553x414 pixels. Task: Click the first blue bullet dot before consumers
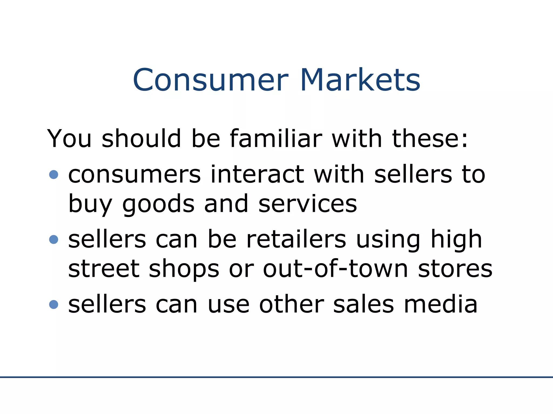54,174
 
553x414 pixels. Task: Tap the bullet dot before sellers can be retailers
54,239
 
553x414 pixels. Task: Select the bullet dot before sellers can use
54,305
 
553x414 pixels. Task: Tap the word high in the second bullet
456,240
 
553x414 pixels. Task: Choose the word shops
184,269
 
